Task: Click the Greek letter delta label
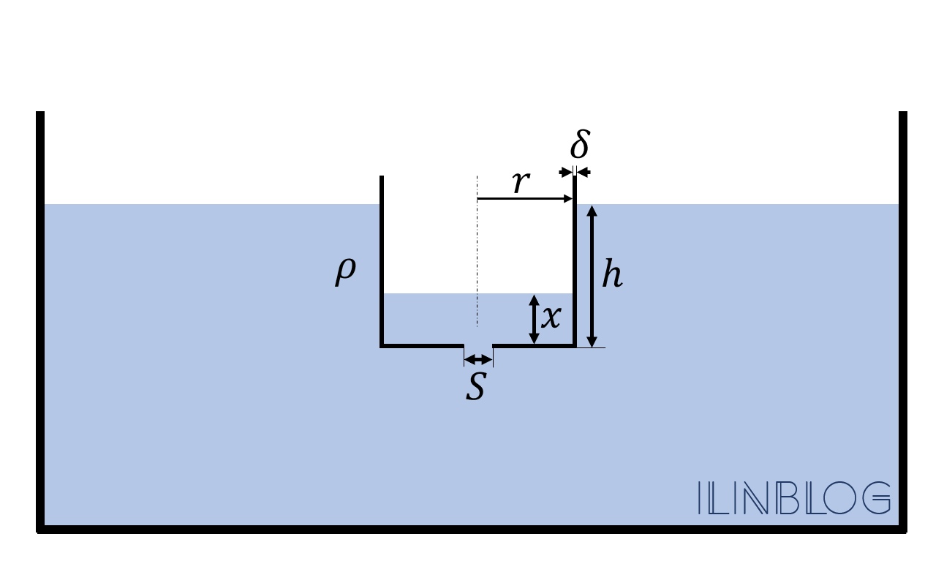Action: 581,144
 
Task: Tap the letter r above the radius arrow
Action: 521,182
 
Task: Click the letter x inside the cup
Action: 551,317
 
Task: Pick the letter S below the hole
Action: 476,385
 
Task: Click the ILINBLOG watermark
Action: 794,498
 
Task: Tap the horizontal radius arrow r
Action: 525,198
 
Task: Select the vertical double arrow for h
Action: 592,277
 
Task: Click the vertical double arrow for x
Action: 534,319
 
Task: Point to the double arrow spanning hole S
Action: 478,360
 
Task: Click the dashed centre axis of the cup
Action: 477,251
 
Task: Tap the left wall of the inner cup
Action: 382,261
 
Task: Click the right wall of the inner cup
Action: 575,261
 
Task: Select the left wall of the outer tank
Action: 40,322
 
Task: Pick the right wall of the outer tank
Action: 903,322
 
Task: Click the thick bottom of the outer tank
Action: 472,529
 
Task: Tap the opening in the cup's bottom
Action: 478,346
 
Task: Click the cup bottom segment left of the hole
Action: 422,346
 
